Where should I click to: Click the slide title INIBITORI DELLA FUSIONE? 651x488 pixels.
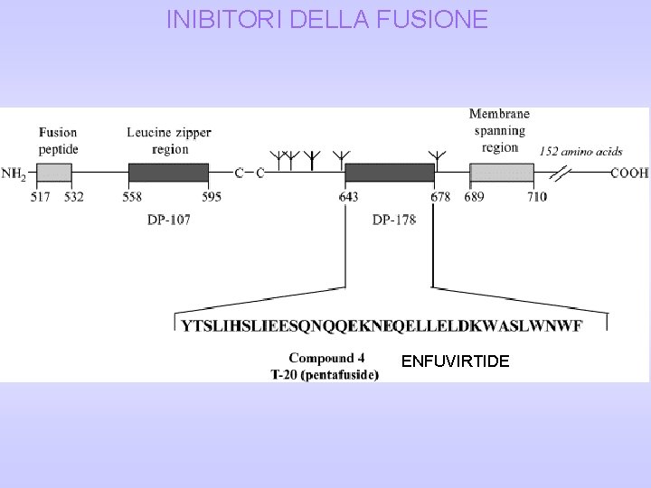[326, 19]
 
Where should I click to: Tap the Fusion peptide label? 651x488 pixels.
[58, 140]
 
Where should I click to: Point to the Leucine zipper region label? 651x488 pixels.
[169, 140]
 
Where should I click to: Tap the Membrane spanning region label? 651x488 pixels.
[500, 130]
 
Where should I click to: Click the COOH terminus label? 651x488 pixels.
[629, 174]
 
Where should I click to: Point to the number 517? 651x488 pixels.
[41, 196]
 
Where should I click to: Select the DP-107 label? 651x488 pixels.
[169, 220]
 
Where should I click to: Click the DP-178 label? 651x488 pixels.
[394, 220]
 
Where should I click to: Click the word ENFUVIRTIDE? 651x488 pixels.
[456, 361]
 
